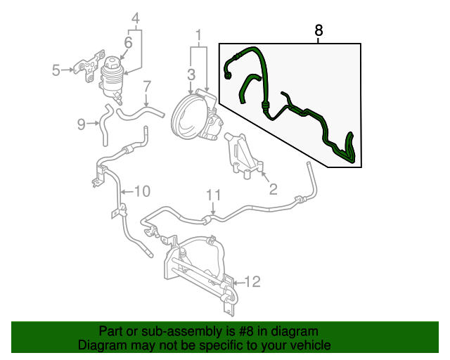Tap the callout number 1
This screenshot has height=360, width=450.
click(x=198, y=34)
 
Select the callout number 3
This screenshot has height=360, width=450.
click(x=191, y=74)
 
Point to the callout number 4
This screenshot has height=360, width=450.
click(x=136, y=18)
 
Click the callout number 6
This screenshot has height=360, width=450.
click(x=128, y=43)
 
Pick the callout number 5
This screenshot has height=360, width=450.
click(x=56, y=69)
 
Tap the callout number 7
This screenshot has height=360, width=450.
click(x=147, y=87)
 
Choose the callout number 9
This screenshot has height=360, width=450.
click(x=82, y=124)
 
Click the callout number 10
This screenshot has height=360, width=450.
click(x=142, y=191)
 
